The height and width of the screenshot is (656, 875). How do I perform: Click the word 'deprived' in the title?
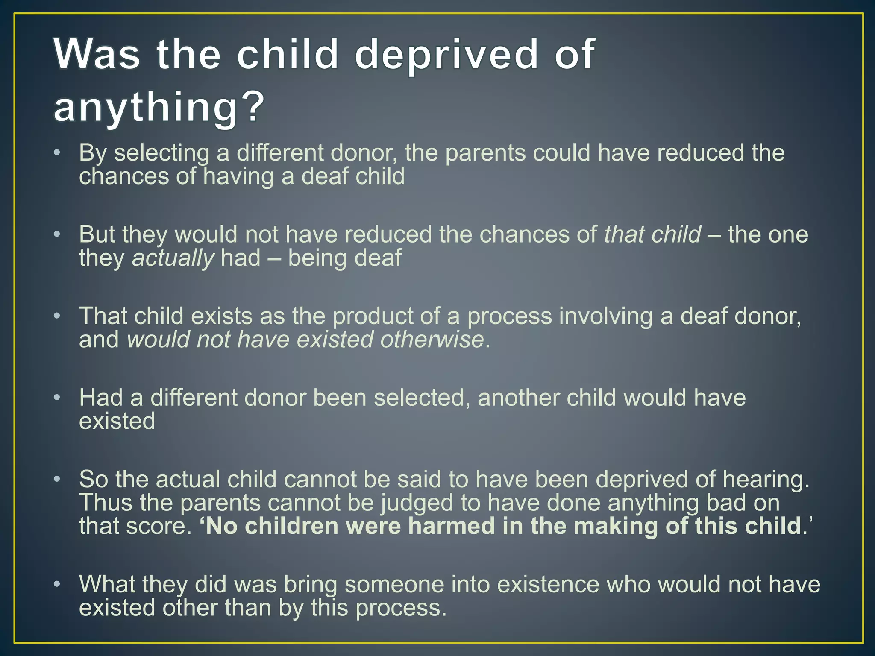446,56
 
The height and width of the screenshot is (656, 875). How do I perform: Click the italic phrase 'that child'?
652,234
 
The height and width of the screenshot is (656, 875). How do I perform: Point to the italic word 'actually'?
173,258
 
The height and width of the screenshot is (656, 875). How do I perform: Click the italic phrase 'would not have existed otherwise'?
305,340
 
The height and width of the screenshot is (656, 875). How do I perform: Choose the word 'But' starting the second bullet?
97,234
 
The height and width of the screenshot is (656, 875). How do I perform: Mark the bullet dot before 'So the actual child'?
57,479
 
